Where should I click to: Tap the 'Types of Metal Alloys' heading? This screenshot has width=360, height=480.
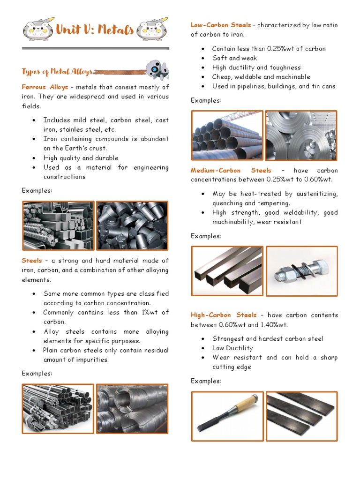[x=57, y=72]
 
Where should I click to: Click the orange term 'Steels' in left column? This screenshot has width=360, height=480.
[x=32, y=261]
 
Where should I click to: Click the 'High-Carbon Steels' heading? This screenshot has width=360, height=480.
[x=224, y=315]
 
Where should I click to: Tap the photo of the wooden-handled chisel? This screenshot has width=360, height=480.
[x=227, y=416]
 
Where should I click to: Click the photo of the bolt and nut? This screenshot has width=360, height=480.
[x=301, y=271]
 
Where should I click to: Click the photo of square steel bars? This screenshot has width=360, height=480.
[x=227, y=271]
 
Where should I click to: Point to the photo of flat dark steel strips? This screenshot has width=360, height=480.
[x=301, y=416]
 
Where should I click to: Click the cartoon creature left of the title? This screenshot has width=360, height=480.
[x=36, y=30]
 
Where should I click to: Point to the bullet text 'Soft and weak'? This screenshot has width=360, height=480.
[x=234, y=58]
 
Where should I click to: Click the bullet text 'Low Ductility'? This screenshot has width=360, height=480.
[x=232, y=348]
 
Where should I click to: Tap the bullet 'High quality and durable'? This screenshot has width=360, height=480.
[x=81, y=158]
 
